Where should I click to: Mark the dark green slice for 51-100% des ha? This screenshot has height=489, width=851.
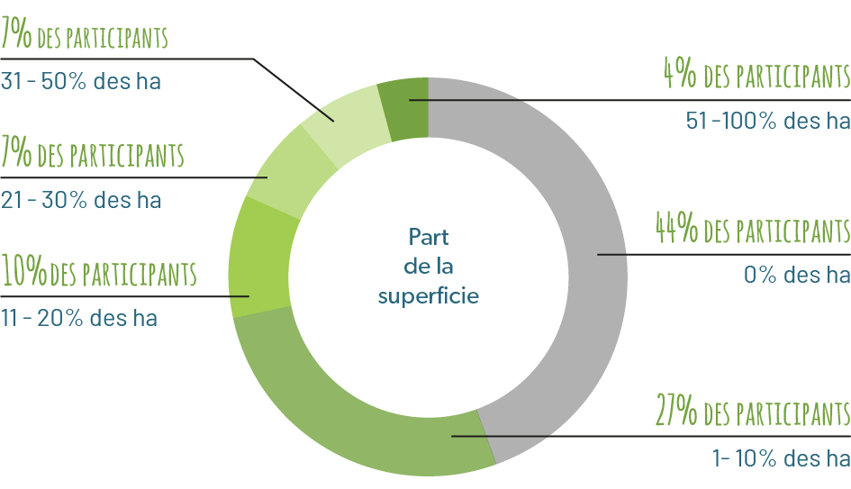tap(404, 109)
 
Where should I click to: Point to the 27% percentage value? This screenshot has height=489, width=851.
tap(676, 410)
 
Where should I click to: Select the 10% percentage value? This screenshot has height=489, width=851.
tap(24, 270)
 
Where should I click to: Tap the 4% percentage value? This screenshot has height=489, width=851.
tap(680, 73)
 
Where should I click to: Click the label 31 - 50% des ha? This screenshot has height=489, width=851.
tap(81, 81)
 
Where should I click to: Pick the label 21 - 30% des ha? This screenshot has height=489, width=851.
tap(81, 200)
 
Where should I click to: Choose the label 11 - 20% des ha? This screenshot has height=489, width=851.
tap(79, 318)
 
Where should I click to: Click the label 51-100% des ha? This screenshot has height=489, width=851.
tap(768, 121)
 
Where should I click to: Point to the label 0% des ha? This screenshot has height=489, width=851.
tap(797, 275)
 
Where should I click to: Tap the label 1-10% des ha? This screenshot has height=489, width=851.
tap(782, 458)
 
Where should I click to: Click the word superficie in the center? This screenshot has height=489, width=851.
tap(429, 296)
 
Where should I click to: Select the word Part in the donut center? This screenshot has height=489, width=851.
tap(429, 237)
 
